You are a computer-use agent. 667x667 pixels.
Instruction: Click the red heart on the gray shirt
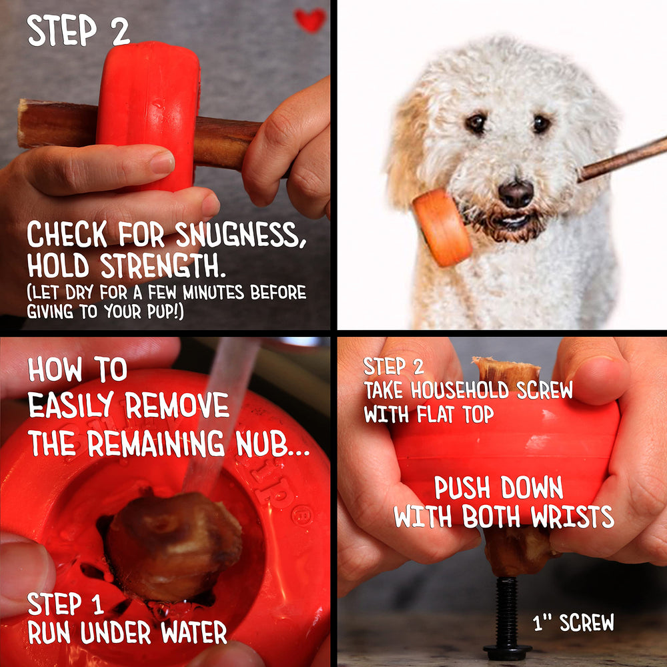point(310,20)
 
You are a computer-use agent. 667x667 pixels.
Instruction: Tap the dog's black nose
point(516,194)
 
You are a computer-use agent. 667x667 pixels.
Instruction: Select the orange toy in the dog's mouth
point(442,227)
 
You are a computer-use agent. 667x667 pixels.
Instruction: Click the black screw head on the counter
point(508,648)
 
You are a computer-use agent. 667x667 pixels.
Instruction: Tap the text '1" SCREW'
point(574,623)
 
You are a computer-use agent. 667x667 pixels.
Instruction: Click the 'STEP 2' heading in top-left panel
point(78,32)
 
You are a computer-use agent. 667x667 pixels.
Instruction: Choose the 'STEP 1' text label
point(65,604)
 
